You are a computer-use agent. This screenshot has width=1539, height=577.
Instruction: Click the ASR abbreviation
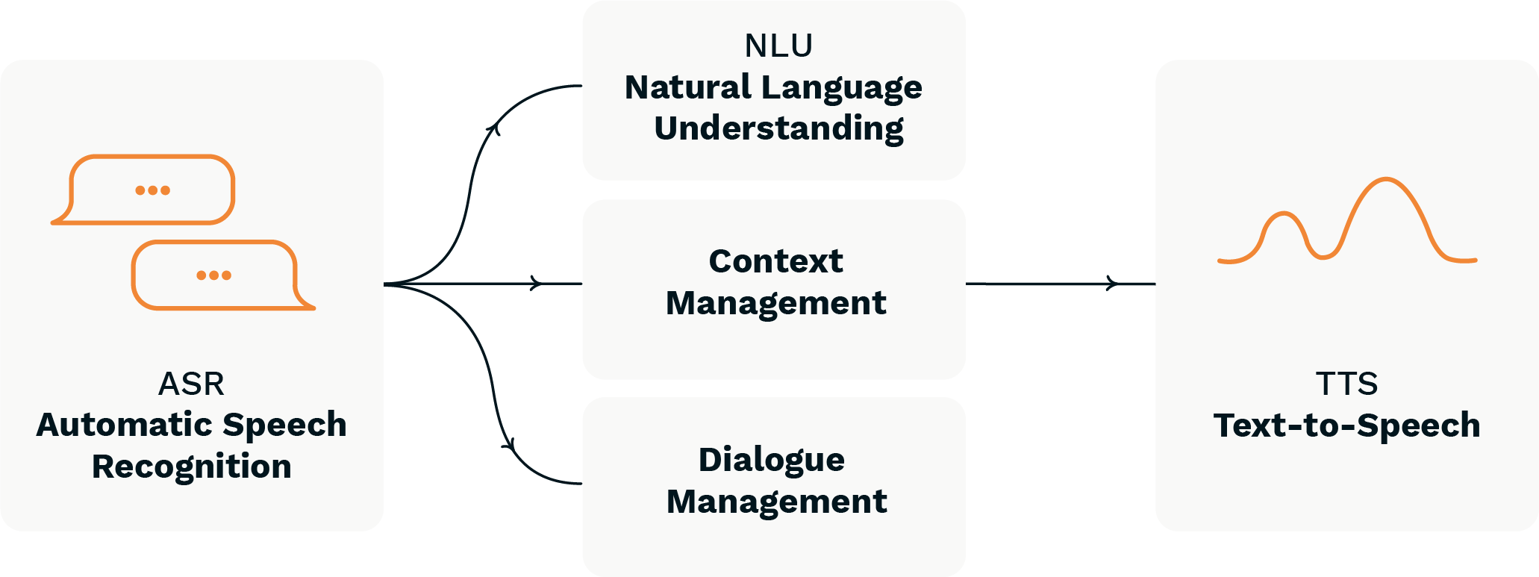click(x=191, y=384)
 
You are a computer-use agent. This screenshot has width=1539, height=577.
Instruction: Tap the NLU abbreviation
click(x=778, y=46)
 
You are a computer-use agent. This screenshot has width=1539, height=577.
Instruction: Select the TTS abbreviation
click(x=1346, y=384)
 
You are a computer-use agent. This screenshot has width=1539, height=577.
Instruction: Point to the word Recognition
click(x=191, y=467)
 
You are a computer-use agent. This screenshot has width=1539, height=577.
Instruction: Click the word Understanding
click(x=778, y=128)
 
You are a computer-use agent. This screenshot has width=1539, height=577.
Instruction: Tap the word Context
click(x=775, y=261)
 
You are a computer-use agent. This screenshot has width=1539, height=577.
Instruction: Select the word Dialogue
click(x=771, y=460)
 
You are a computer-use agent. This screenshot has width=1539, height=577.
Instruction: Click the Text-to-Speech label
click(x=1346, y=425)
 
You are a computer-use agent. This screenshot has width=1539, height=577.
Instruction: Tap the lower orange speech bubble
click(x=216, y=275)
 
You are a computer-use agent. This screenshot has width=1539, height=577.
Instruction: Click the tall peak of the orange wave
click(x=1386, y=180)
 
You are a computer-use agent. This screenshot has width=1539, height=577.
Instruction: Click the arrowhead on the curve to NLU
click(x=493, y=128)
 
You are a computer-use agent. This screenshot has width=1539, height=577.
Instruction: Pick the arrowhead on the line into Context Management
click(x=535, y=284)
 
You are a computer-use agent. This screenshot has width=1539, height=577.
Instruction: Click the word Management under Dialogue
click(x=776, y=502)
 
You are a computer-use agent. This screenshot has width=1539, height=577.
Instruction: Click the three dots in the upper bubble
click(x=152, y=190)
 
